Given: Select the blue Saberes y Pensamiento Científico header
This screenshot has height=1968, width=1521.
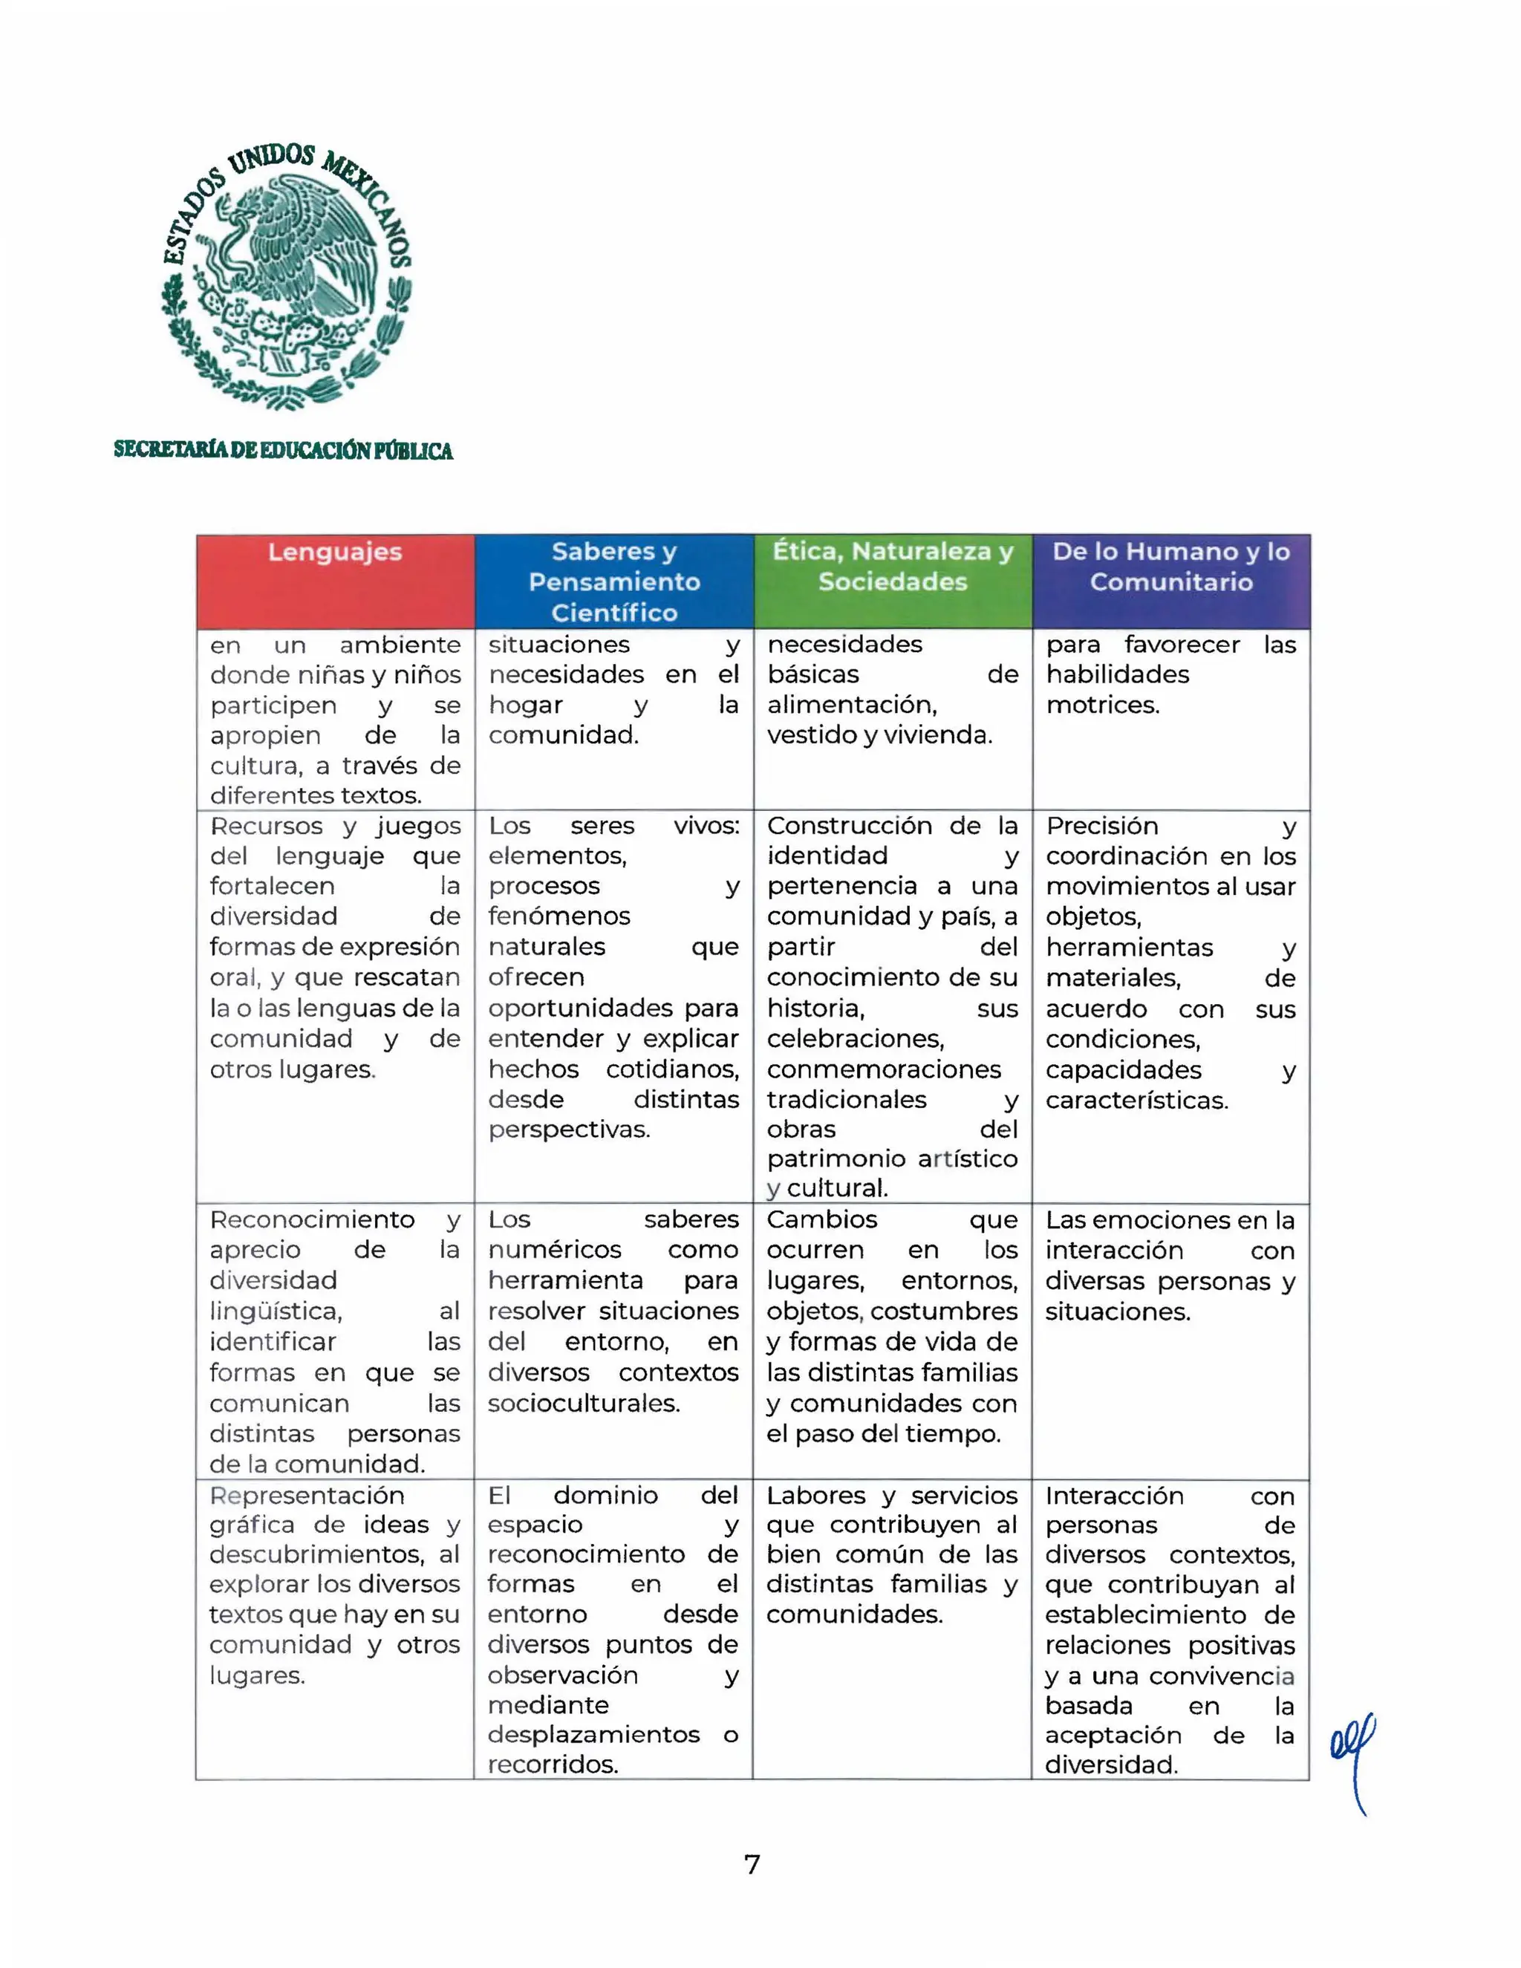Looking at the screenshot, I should click(x=613, y=581).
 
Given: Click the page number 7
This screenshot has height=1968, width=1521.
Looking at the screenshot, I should click(x=752, y=1863).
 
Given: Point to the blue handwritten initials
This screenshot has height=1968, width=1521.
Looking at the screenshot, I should click(x=1352, y=1758).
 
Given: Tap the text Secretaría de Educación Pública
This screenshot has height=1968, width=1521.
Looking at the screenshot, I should click(x=283, y=451).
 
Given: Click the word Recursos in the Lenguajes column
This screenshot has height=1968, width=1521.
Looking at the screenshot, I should click(x=266, y=827).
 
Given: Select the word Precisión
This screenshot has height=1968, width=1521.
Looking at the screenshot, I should click(x=1102, y=827).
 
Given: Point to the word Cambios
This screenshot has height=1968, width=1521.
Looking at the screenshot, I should click(x=822, y=1219).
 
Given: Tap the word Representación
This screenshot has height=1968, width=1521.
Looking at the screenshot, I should click(x=307, y=1496).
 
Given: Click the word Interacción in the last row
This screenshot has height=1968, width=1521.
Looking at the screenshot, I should click(x=1114, y=1496).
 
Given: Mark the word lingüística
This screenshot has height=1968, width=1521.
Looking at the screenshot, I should click(x=276, y=1311).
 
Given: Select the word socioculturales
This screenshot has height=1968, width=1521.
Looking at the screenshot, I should click(x=583, y=1403).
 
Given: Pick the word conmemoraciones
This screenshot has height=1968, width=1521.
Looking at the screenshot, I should click(x=883, y=1069).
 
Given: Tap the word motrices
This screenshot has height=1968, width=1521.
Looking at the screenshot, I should click(x=1102, y=705).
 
